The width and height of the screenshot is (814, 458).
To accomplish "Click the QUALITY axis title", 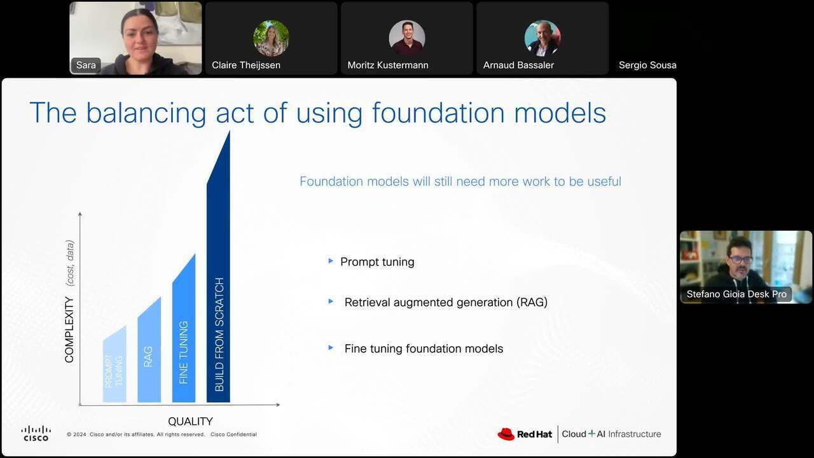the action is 190,421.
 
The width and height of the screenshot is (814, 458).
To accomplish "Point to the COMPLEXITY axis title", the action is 69,330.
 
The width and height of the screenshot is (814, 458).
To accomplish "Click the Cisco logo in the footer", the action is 36,433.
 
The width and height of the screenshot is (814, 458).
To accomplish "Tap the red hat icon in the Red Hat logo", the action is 506,434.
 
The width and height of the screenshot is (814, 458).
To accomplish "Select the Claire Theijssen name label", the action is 246,65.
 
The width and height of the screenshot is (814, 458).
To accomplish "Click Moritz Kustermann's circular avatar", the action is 407,38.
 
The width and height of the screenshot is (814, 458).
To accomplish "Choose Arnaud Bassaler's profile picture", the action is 542,38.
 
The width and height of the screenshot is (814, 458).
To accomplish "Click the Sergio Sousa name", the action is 647,65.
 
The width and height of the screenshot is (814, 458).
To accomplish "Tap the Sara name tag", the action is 86,65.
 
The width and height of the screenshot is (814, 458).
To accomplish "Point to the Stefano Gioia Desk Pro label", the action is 736,294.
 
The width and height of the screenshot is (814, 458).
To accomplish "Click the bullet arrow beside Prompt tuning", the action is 331,261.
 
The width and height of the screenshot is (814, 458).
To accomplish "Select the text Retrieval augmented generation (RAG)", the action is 446,302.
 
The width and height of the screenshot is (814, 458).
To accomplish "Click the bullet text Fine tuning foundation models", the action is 424,349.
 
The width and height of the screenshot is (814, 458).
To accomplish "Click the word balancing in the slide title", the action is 146,113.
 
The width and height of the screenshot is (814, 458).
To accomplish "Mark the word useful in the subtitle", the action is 604,181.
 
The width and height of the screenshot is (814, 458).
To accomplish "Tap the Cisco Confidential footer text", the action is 233,434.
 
